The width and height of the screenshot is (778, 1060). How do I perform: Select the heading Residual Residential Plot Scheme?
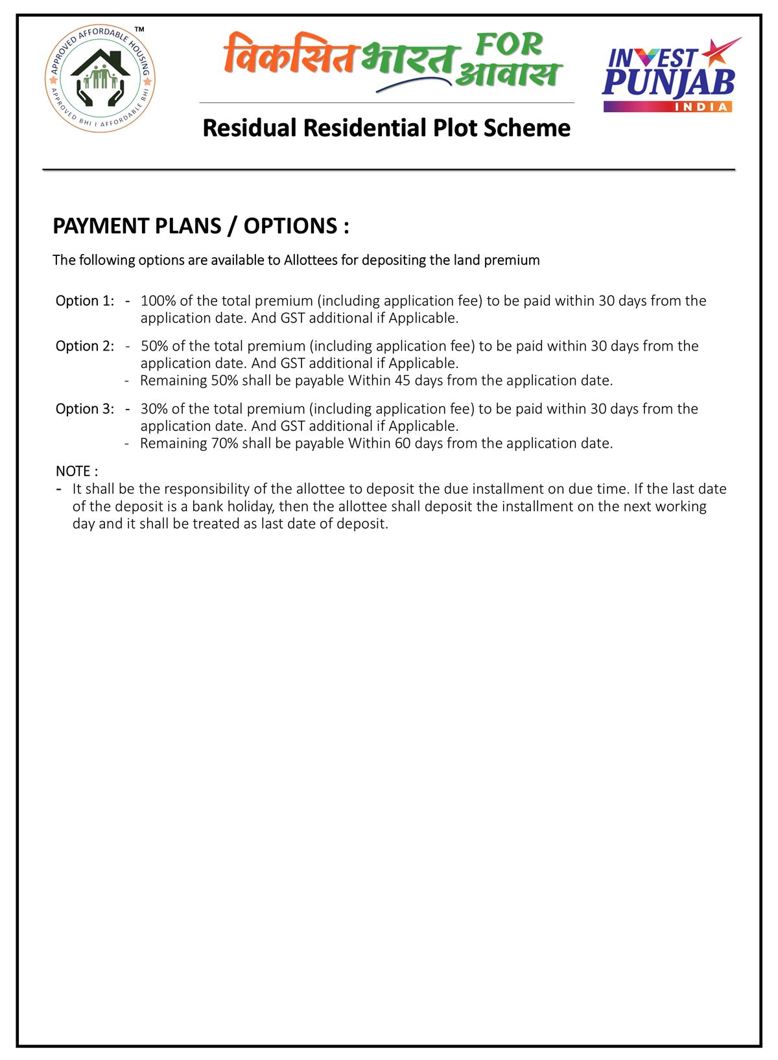(386, 128)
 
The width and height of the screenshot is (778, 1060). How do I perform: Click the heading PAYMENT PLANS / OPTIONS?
(200, 226)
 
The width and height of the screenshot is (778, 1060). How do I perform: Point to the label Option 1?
(85, 301)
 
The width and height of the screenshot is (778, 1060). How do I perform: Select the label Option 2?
(85, 346)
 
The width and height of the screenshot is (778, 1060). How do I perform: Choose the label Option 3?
(85, 409)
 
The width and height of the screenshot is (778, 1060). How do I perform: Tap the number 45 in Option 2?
(402, 381)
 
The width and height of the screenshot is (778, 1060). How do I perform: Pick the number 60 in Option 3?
(402, 444)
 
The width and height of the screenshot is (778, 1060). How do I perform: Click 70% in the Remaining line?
(225, 444)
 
